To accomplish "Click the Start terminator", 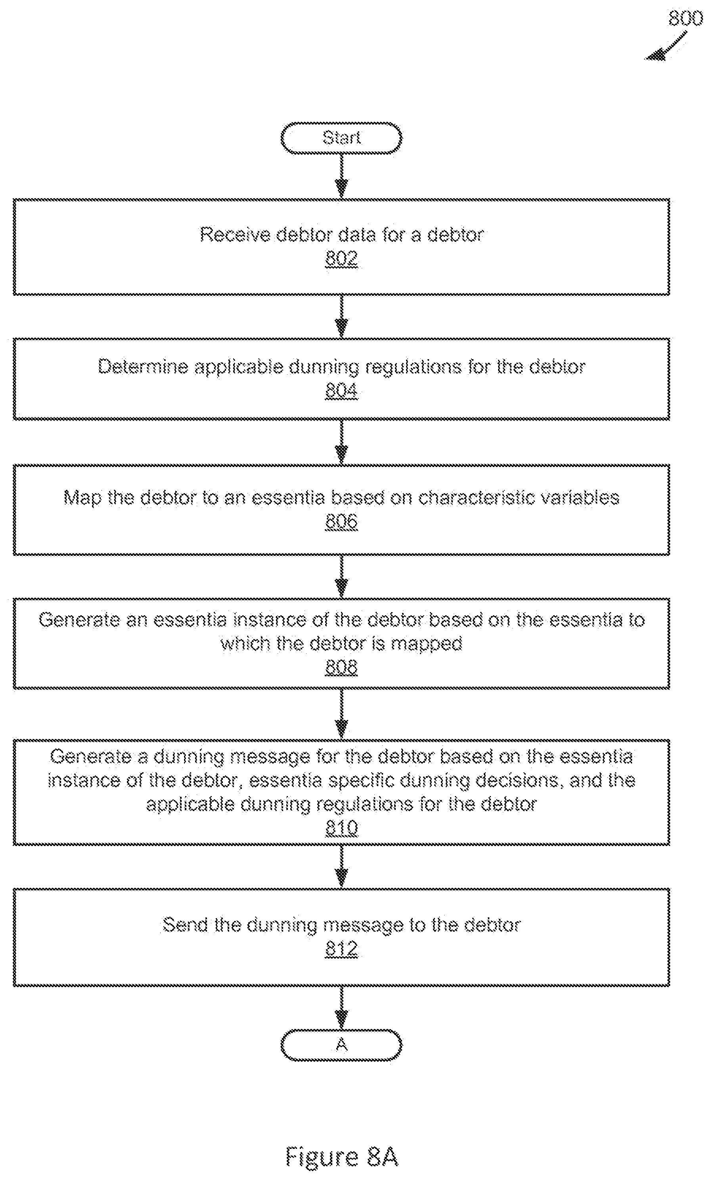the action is [x=341, y=138].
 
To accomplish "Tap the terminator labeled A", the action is [x=341, y=1045].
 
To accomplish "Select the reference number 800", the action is [x=686, y=19].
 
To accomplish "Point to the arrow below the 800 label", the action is [x=667, y=46].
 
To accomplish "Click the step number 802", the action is [x=341, y=259].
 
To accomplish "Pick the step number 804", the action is [x=341, y=391].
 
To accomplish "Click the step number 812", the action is [x=341, y=949].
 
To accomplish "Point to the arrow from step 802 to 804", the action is [x=341, y=316].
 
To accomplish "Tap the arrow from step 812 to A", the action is [x=341, y=1008].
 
